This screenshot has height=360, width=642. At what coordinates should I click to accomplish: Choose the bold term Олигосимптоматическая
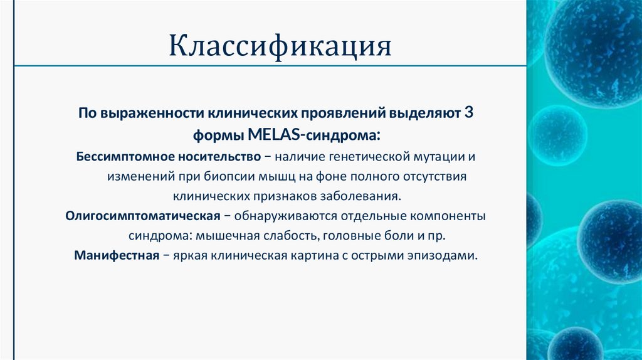click(x=142, y=216)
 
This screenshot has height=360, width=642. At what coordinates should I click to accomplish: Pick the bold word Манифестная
click(x=116, y=257)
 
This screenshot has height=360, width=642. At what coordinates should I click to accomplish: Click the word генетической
click(x=372, y=154)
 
